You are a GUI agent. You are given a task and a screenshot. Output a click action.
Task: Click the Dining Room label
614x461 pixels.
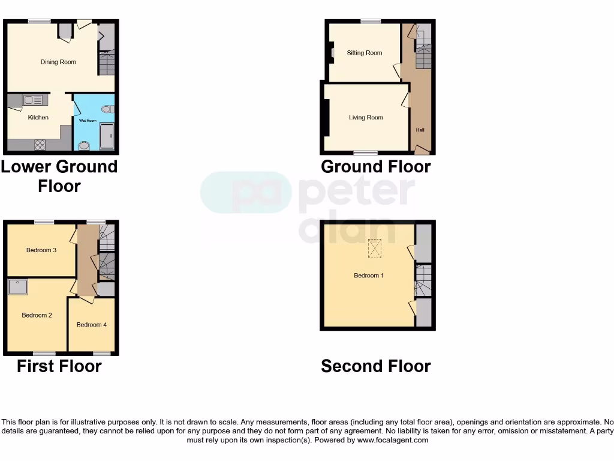pyautogui.click(x=58, y=62)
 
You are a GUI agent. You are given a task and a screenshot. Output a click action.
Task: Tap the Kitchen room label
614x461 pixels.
pyautogui.click(x=38, y=118)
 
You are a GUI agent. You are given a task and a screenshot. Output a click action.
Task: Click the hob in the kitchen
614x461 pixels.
pyautogui.click(x=40, y=144)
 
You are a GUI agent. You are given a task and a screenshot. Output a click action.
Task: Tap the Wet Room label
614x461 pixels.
pyautogui.click(x=88, y=121)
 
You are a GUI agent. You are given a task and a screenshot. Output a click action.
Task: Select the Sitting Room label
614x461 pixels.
pyautogui.click(x=365, y=53)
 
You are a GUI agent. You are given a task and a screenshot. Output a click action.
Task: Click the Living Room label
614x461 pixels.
pyautogui.click(x=366, y=118)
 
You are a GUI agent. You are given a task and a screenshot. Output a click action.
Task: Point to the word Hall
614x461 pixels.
pyautogui.click(x=420, y=130)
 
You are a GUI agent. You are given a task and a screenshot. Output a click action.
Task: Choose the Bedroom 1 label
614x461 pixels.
pyautogui.click(x=369, y=276)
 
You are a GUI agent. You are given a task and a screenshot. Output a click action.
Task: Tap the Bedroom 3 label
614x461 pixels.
pyautogui.click(x=41, y=250)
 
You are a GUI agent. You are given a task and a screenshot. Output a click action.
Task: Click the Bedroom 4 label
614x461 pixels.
pyautogui.click(x=92, y=325)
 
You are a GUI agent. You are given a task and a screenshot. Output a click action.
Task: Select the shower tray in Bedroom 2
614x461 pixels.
pyautogui.click(x=18, y=287)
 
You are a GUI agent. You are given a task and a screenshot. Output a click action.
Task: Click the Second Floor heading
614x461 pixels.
pyautogui.click(x=375, y=366)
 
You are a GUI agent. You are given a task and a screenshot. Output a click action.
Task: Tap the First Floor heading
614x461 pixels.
pyautogui.click(x=59, y=366)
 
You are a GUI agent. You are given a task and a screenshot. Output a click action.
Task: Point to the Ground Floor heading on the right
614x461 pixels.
pyautogui.click(x=375, y=166)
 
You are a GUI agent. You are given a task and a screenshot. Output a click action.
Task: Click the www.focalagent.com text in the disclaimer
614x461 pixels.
pyautogui.click(x=393, y=440)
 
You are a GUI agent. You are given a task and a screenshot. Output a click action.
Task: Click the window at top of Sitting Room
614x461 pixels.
pyautogui.click(x=371, y=22)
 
